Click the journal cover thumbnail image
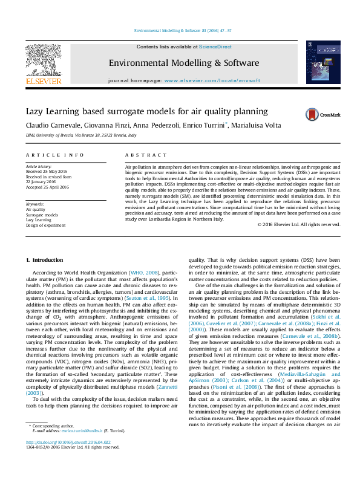click(319, 62)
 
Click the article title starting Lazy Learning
click(146, 111)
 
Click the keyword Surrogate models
click(42, 215)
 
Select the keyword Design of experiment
click(45, 224)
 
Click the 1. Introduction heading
click(44, 260)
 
